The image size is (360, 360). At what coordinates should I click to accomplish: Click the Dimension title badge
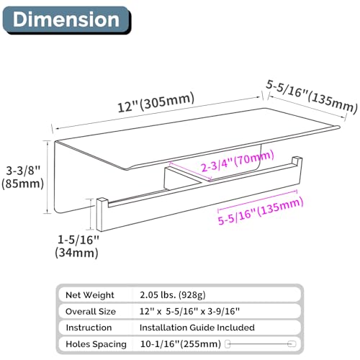[x=67, y=20]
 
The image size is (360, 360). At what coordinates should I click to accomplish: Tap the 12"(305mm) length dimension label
[x=156, y=102]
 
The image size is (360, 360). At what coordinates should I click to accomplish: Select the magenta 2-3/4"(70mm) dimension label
[x=238, y=161]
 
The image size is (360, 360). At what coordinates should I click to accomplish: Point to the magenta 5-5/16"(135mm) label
[x=261, y=211]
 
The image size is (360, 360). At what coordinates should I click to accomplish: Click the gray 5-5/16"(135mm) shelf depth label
[x=312, y=96]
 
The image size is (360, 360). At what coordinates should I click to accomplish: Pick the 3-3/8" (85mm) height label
[x=23, y=177]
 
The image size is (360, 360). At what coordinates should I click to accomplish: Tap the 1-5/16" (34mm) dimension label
[x=77, y=246]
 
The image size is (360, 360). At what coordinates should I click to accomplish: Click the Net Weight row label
[x=90, y=295]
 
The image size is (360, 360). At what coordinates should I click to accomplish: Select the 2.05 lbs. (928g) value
[x=173, y=295]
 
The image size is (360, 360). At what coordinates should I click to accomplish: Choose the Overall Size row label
[x=91, y=312]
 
